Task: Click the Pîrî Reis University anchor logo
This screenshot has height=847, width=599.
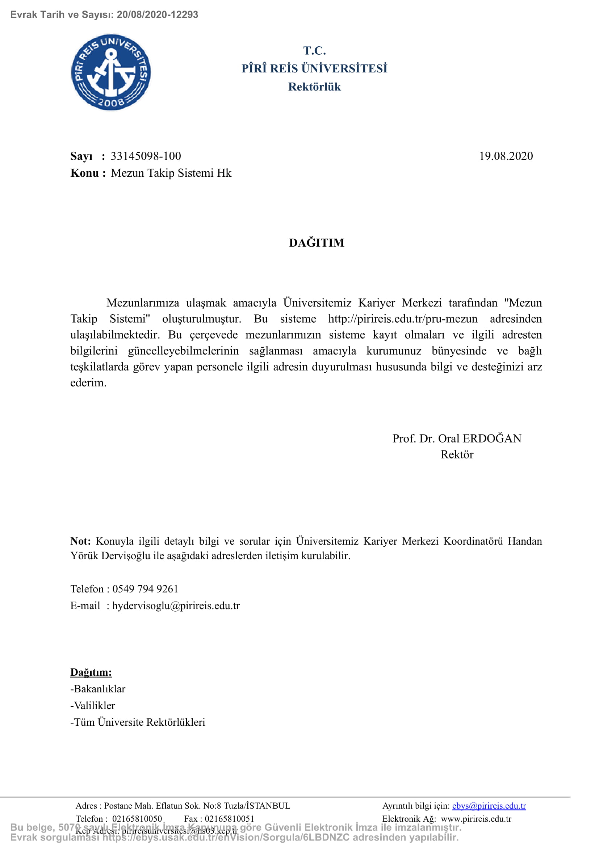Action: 111,72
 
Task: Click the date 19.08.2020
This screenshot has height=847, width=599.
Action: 506,156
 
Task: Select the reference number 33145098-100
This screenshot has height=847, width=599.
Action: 146,156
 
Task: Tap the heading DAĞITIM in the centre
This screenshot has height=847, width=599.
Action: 317,243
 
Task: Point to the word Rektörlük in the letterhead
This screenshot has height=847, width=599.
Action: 314,87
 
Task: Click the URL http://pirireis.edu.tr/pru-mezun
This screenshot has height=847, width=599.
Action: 402,319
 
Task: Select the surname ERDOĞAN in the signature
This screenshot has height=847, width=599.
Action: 492,438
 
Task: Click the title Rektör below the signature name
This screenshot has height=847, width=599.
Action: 457,454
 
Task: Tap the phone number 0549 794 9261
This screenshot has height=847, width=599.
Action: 145,589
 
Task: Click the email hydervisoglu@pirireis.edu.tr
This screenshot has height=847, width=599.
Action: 176,606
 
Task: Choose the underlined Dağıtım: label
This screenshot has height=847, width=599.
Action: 91,672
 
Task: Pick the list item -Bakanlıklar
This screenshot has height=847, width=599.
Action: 98,689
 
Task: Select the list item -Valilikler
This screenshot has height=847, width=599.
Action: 93,705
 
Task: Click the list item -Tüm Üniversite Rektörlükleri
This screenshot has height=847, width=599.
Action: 138,722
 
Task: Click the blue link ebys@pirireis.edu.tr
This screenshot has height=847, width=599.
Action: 489,806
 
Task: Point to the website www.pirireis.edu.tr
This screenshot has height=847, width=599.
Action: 476,819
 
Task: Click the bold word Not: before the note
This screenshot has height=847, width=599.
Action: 80,541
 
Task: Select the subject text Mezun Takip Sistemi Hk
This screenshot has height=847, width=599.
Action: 171,173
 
